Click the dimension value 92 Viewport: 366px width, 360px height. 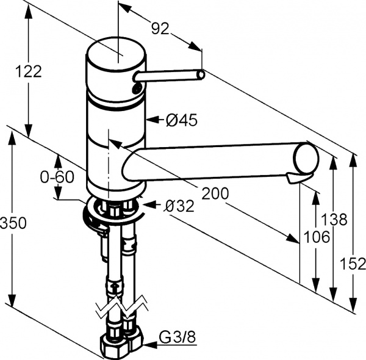(160, 27)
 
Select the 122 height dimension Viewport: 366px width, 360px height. (29, 71)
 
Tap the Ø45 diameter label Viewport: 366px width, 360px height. (182, 121)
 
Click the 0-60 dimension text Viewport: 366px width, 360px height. (57, 177)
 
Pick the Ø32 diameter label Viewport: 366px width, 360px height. (179, 206)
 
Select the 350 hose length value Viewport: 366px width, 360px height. (13, 223)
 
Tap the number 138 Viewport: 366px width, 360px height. (334, 218)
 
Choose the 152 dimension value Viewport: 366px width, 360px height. (354, 264)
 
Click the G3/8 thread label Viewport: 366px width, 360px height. (176, 336)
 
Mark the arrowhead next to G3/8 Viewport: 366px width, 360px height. (148, 343)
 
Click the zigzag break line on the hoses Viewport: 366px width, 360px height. (121, 308)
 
